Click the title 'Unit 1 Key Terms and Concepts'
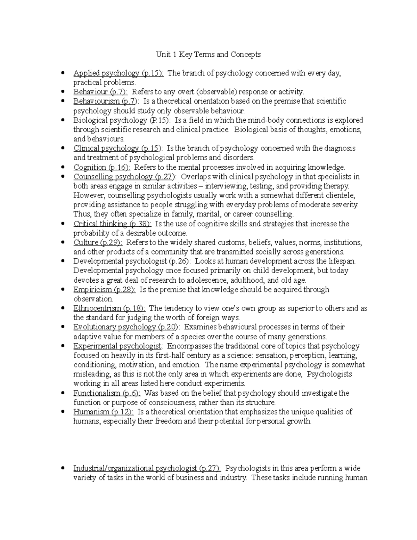[208, 55]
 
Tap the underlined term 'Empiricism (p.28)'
[104, 290]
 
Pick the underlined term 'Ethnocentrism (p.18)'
[109, 308]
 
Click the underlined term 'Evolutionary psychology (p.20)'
[126, 327]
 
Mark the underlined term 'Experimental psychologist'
[117, 346]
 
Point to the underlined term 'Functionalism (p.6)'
[107, 393]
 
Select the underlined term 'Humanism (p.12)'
[103, 412]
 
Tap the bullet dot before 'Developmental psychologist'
[63, 261]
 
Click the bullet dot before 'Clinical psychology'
[63, 148]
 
